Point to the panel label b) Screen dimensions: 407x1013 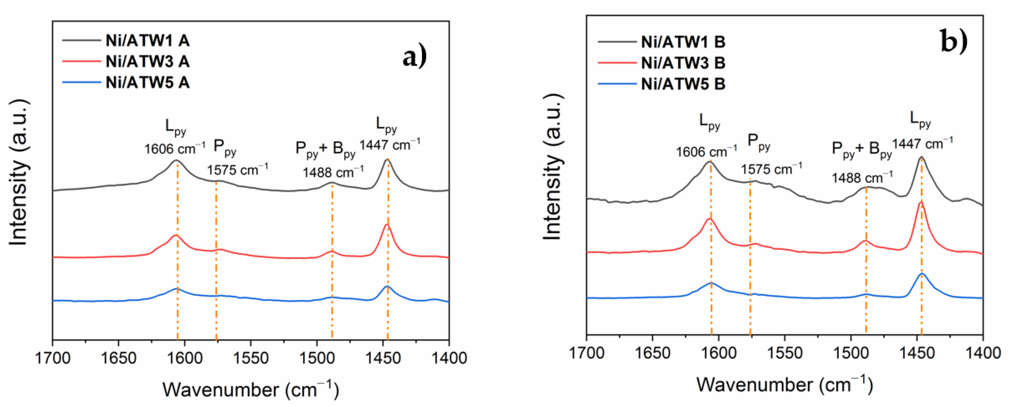pos(954,41)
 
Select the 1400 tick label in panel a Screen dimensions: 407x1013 pos(448,358)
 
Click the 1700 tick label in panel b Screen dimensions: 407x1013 pos(587,353)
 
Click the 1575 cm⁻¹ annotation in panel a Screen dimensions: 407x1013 pos(237,170)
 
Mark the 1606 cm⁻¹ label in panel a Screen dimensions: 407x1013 pos(174,149)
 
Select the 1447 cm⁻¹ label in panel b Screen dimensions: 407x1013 pos(922,144)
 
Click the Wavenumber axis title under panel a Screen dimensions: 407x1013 pos(251,389)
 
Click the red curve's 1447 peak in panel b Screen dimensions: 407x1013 pos(921,203)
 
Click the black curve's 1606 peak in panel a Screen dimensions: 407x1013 pos(176,160)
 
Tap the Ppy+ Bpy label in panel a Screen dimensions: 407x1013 pos(326,149)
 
